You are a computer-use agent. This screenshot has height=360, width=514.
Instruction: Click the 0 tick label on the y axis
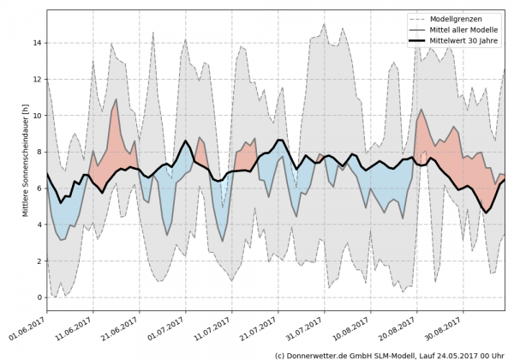pyautogui.click(x=39, y=297)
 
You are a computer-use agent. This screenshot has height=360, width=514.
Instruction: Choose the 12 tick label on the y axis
pyautogui.click(x=36, y=80)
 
